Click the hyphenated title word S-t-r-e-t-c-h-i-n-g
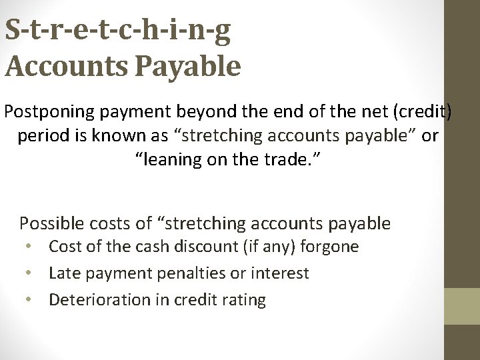[x=118, y=31]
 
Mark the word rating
[x=243, y=300]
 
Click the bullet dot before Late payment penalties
[x=30, y=273]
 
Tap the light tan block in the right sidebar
[x=462, y=306]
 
